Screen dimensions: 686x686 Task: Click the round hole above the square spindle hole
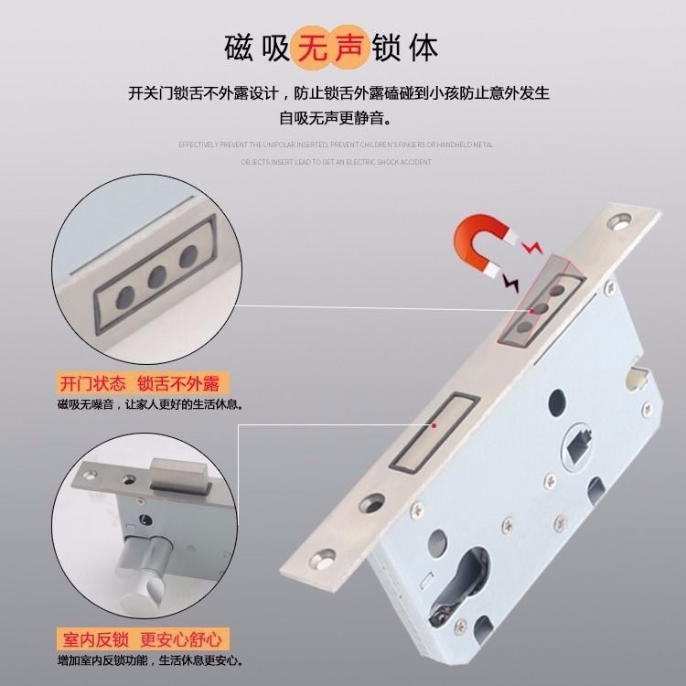(x=555, y=400)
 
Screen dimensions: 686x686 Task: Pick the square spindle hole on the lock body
(x=578, y=446)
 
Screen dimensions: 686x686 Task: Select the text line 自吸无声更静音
(x=342, y=117)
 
